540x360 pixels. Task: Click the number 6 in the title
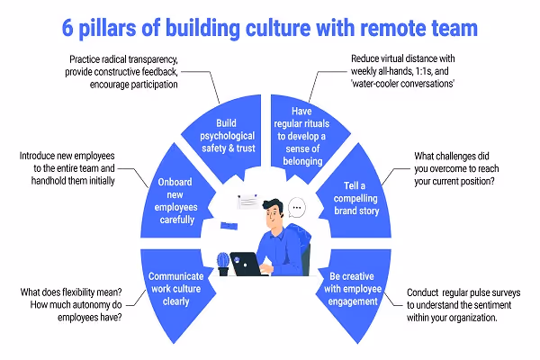68,28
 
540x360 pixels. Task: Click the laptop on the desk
245,263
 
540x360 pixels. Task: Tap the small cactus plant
222,262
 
